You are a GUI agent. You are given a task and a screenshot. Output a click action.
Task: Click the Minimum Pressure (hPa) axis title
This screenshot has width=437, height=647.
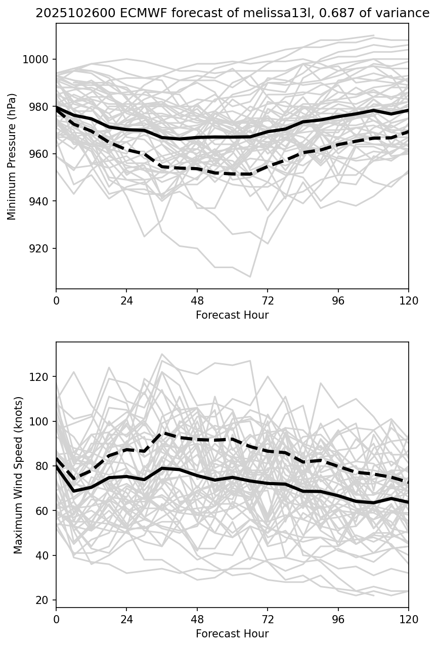pos(12,156)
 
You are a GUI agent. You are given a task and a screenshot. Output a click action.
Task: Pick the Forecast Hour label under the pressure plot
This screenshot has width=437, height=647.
pos(232,315)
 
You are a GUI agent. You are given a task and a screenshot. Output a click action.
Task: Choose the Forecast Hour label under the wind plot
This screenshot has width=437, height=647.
pos(232,634)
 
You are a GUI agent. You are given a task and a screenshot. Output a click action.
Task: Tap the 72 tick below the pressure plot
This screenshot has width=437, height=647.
pos(268,300)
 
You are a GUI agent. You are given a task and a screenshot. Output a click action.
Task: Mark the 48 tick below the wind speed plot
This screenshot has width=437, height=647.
pos(197,619)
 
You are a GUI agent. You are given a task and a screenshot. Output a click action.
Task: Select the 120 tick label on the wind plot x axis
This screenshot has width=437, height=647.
pos(408,619)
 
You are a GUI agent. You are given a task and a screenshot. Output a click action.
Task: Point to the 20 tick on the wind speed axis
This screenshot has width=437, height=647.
pos(43,600)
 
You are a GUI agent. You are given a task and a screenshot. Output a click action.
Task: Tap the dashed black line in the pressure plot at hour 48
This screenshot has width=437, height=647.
pos(197,168)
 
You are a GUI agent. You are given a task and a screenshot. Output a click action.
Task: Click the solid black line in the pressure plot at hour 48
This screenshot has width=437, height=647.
pos(197,138)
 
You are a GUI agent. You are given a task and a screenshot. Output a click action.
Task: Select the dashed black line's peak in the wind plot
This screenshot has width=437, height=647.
pos(162,433)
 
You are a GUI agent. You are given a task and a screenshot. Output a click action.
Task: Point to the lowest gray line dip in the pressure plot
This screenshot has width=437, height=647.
pos(250,277)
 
